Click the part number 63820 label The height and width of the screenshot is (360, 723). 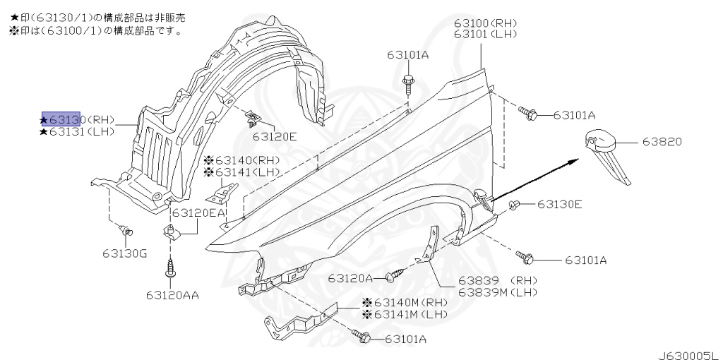click(x=662, y=142)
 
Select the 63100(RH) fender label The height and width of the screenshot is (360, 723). click(x=484, y=23)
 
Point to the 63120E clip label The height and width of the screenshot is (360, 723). click(x=275, y=136)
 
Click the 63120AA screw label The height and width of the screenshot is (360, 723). click(x=172, y=294)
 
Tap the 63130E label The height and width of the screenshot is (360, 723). click(x=559, y=205)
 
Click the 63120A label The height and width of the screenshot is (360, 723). click(x=350, y=278)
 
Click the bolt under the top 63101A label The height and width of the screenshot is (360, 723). click(x=408, y=82)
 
